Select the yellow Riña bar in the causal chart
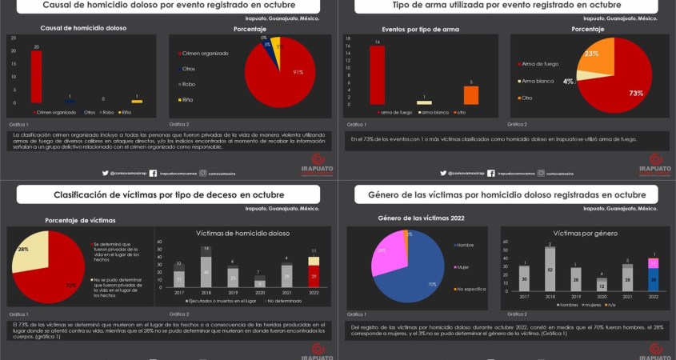coord(137,102)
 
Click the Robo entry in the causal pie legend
coord(189,83)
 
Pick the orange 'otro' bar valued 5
coord(471,94)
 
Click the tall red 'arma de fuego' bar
coord(377,75)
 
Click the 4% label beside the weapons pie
coord(568,82)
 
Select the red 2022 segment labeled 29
coord(314,276)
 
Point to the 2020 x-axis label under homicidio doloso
coord(259,292)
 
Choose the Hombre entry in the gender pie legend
coord(465,244)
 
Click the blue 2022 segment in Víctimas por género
coord(653,279)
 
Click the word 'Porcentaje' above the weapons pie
coord(587,30)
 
